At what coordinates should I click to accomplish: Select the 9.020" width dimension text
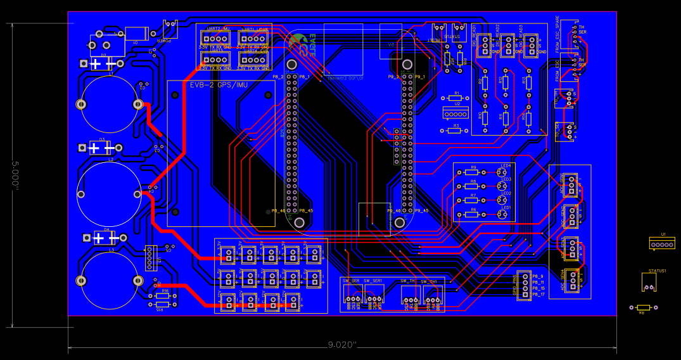click(x=342, y=345)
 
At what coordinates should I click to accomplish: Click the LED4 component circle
click(x=502, y=172)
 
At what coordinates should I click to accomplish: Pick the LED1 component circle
click(x=502, y=214)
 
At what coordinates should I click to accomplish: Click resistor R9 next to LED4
click(x=471, y=172)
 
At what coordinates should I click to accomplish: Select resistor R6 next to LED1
click(x=471, y=214)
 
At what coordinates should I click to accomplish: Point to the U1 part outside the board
click(x=662, y=243)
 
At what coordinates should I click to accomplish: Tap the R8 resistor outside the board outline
click(x=644, y=307)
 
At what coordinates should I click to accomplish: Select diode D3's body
click(x=98, y=148)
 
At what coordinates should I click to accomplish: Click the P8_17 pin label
click(x=538, y=295)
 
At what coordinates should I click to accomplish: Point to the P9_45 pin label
click(x=421, y=210)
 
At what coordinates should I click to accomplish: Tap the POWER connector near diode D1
click(x=170, y=29)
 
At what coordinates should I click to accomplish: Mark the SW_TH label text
click(x=407, y=280)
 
